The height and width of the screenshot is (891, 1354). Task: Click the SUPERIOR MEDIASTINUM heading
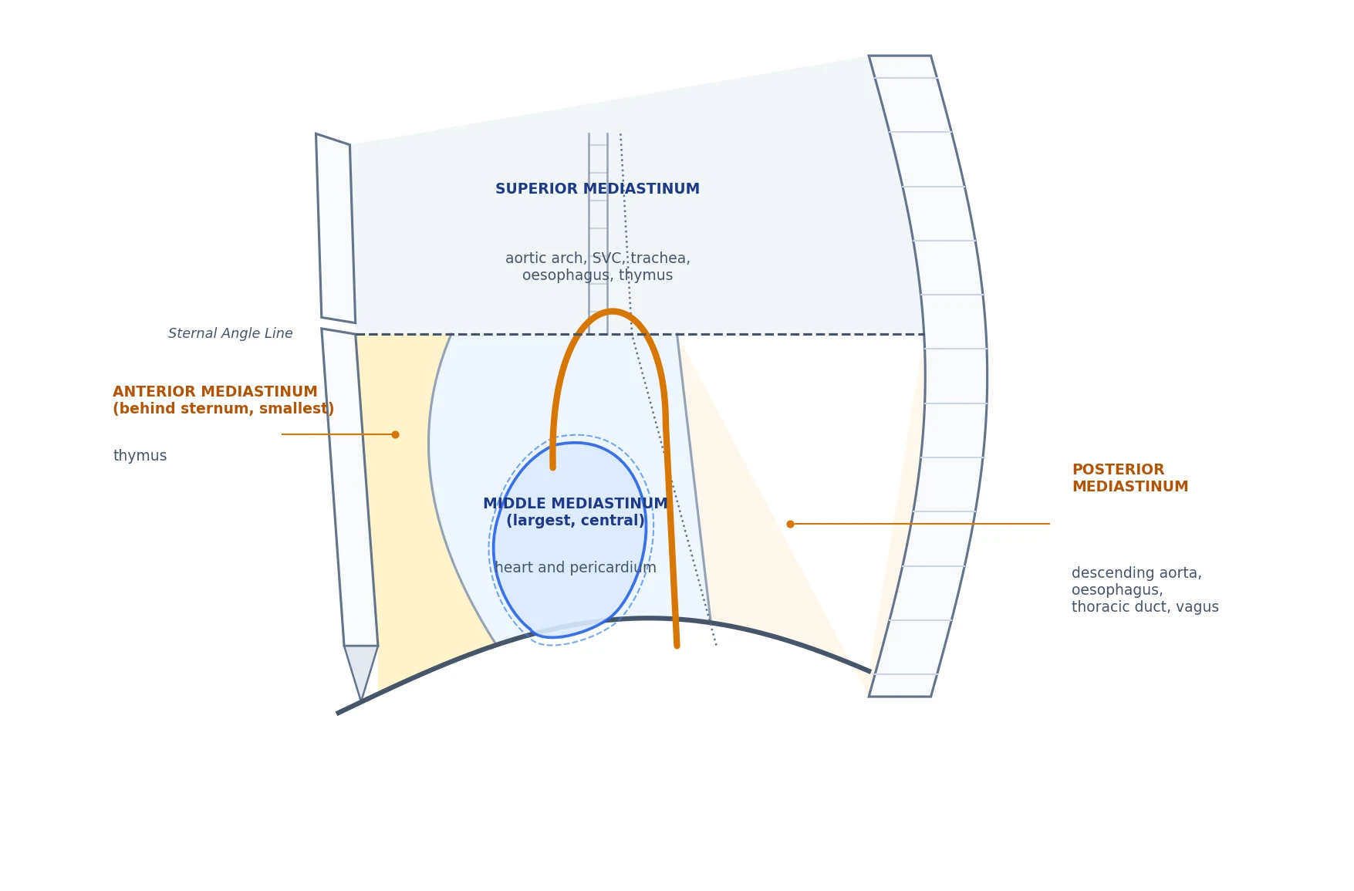click(597, 189)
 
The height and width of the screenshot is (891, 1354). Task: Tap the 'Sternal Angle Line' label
click(231, 333)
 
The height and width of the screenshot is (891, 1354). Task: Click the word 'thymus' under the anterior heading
click(140, 456)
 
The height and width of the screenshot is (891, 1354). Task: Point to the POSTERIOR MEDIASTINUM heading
click(1129, 478)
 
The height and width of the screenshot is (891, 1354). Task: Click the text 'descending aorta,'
click(1136, 573)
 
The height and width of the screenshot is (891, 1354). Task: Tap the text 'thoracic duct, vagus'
click(1145, 607)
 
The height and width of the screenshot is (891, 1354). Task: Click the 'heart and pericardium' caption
click(576, 568)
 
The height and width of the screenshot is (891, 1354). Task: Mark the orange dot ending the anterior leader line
click(395, 434)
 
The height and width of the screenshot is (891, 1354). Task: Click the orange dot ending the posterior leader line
click(790, 524)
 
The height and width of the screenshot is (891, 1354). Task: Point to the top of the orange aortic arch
click(612, 312)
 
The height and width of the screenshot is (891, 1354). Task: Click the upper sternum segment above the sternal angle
click(336, 228)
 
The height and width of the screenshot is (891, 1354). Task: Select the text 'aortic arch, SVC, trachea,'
click(598, 258)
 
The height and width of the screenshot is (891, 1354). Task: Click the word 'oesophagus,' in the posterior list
click(1117, 590)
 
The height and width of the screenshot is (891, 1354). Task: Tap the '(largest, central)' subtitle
click(576, 521)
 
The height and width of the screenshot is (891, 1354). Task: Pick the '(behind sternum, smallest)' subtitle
click(224, 409)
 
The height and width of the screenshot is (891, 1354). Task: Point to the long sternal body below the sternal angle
click(349, 488)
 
